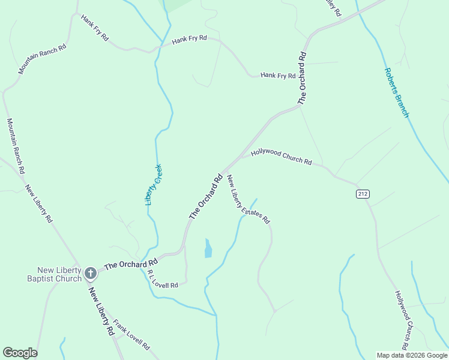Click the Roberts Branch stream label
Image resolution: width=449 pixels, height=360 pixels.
point(396,92)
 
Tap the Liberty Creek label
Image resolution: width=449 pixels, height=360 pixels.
point(154,185)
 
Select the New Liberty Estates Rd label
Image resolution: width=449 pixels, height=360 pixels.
point(248,199)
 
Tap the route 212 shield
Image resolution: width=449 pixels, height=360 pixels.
point(362,193)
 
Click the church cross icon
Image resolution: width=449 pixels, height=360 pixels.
point(91,274)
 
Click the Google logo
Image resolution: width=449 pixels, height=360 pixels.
point(20,353)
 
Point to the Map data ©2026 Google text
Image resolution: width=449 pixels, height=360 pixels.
point(411,355)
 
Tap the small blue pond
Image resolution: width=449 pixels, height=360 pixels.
point(208,248)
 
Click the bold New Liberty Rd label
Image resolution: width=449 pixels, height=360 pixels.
point(101,311)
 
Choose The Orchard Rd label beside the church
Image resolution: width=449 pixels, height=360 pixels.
point(131,264)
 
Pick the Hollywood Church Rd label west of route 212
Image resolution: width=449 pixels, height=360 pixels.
point(282,157)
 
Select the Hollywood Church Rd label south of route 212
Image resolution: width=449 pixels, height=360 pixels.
point(402,320)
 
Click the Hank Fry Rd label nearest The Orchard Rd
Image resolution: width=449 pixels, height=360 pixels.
point(278,76)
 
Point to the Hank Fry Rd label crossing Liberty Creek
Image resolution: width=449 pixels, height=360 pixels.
point(189,40)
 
